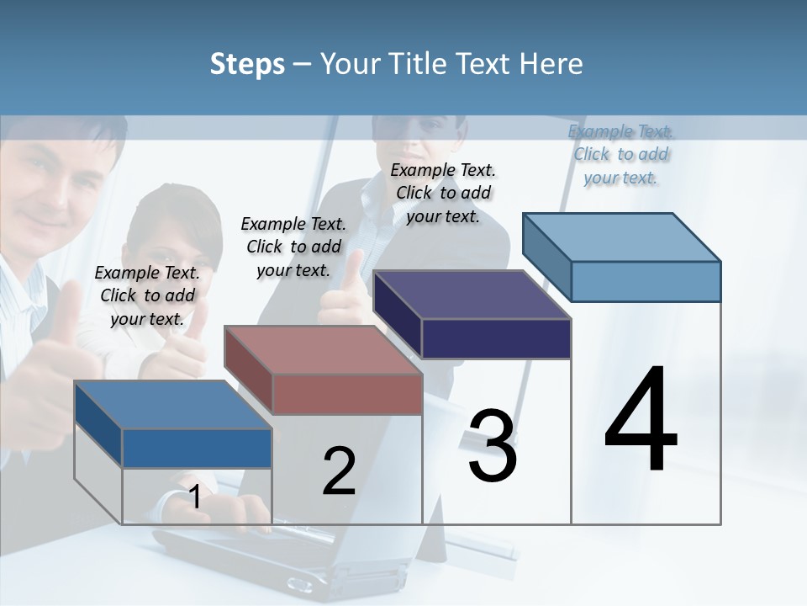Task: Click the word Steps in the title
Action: click(x=247, y=64)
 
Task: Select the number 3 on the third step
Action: click(x=493, y=446)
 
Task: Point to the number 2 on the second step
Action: click(x=339, y=471)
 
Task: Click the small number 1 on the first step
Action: click(x=195, y=497)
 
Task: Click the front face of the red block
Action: click(x=347, y=394)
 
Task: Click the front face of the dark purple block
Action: click(x=496, y=338)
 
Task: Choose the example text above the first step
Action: click(x=147, y=295)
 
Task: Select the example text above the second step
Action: click(x=293, y=247)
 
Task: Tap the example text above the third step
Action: click(x=443, y=193)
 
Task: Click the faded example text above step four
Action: click(x=620, y=154)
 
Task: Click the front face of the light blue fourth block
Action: click(x=646, y=281)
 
